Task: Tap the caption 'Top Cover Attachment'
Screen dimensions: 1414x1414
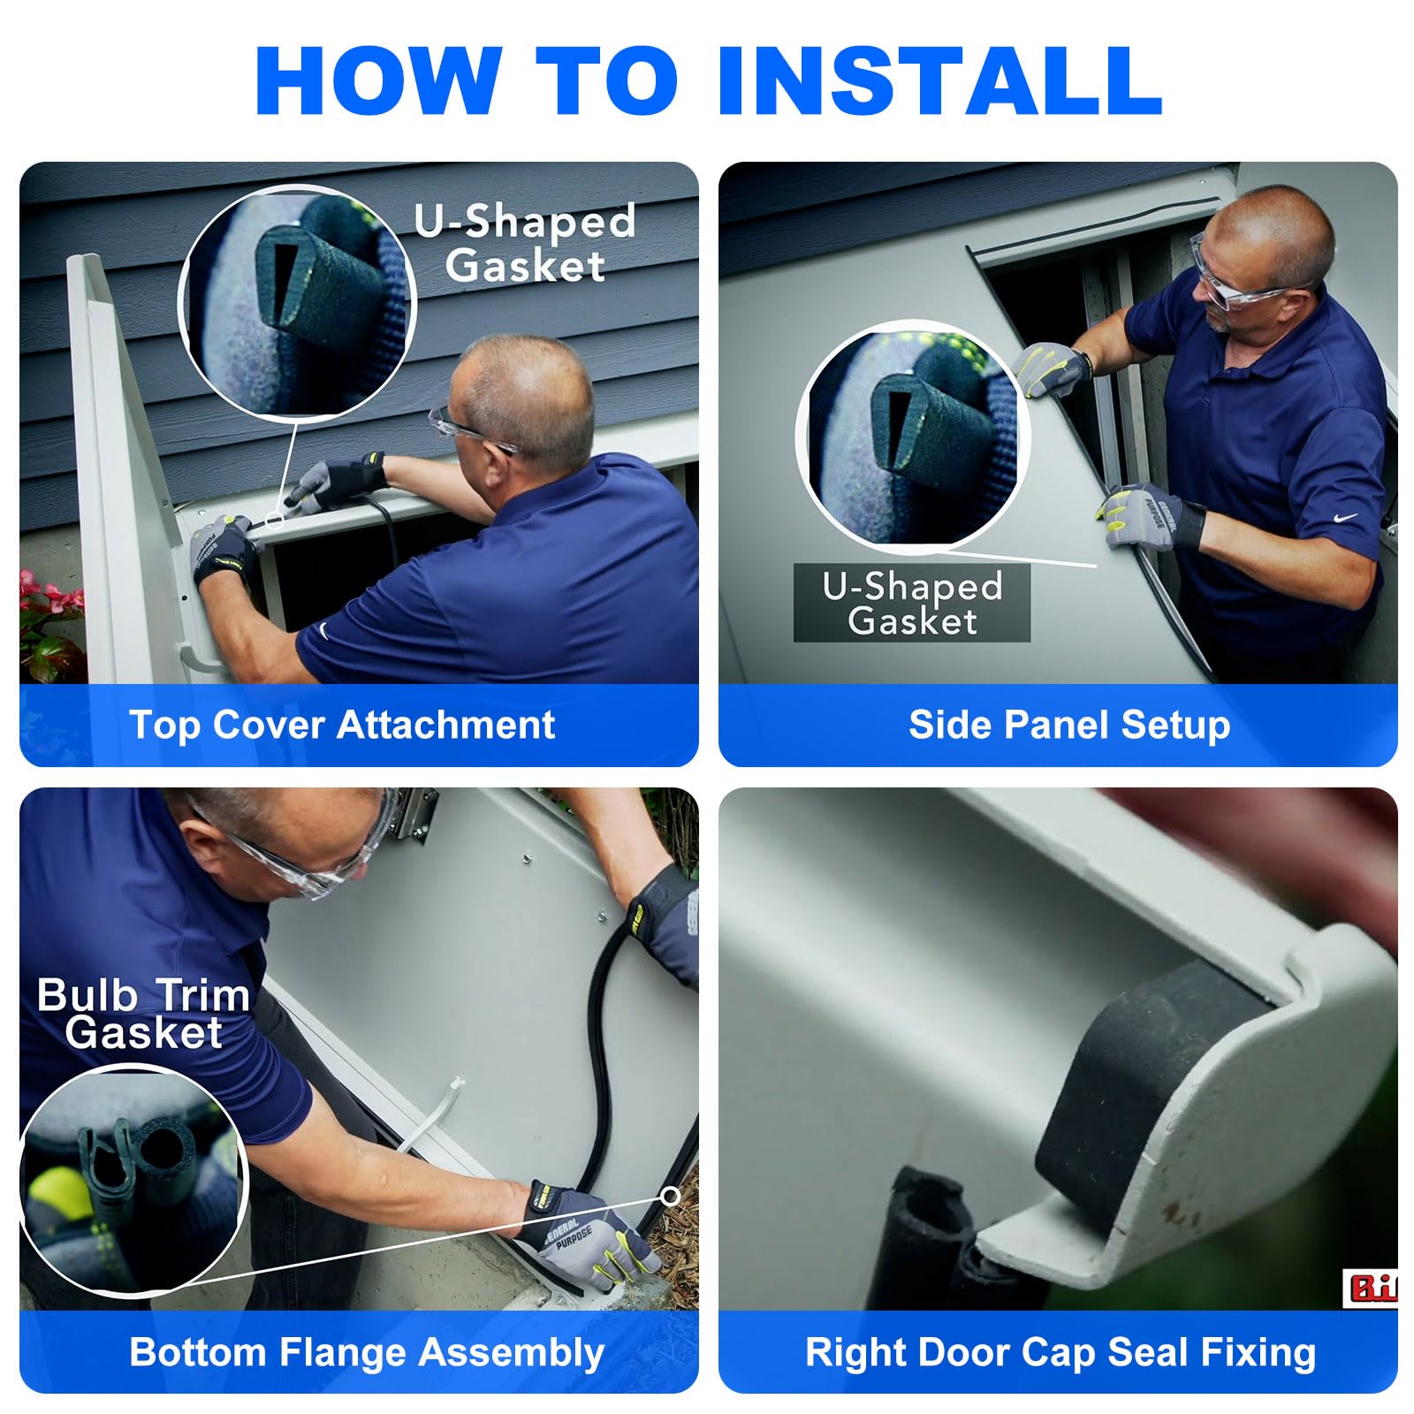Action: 342,726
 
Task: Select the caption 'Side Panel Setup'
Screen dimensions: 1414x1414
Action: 1069,726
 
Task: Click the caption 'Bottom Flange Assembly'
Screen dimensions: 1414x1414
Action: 367,1353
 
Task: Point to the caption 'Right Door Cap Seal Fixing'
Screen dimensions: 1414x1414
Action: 1060,1353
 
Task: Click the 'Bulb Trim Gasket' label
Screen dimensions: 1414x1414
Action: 143,1014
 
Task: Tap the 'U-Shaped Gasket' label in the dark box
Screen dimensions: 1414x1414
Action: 913,603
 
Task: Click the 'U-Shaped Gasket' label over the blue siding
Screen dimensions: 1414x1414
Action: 526,243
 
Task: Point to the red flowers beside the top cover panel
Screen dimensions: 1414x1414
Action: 49,610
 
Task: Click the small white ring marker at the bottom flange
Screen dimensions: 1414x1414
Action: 671,1196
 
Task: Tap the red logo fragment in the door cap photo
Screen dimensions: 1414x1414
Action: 1370,1289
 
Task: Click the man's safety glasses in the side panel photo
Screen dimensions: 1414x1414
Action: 1237,283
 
